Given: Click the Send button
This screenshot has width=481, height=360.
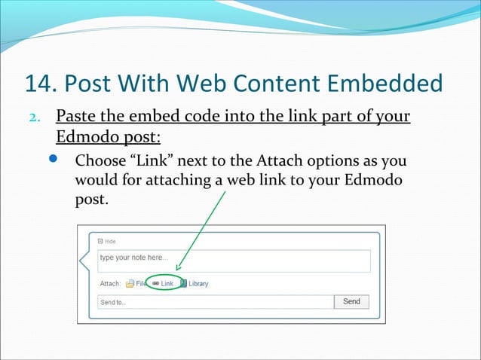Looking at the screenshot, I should click(x=351, y=301).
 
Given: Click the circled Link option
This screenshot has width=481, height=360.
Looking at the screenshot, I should click(x=163, y=284).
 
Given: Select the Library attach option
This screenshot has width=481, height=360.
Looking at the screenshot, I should click(x=198, y=284).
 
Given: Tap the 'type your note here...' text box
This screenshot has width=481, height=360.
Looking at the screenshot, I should click(x=234, y=261).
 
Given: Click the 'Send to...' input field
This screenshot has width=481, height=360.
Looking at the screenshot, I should click(x=215, y=302).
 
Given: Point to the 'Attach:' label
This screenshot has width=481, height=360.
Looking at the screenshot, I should click(x=110, y=284).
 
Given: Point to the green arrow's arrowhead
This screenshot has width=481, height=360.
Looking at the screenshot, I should click(x=178, y=268).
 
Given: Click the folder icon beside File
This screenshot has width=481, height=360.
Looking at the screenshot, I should click(x=130, y=284).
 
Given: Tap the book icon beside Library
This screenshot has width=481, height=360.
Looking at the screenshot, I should click(x=183, y=284).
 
